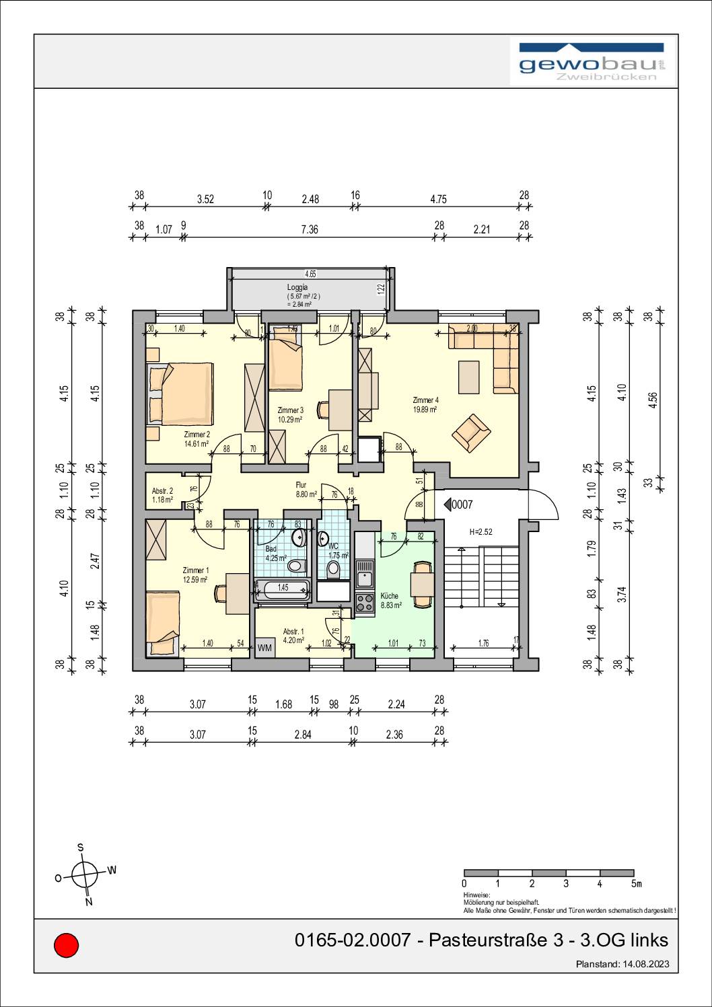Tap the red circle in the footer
[x=66, y=945]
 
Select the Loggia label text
[x=297, y=287]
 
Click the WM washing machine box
[x=264, y=648]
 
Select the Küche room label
[x=390, y=596]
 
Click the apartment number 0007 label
[x=462, y=504]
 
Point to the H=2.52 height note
[x=480, y=532]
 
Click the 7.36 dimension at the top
[x=309, y=229]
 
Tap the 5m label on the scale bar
[x=636, y=883]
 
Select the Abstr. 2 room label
[x=162, y=491]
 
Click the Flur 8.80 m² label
[x=306, y=489]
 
